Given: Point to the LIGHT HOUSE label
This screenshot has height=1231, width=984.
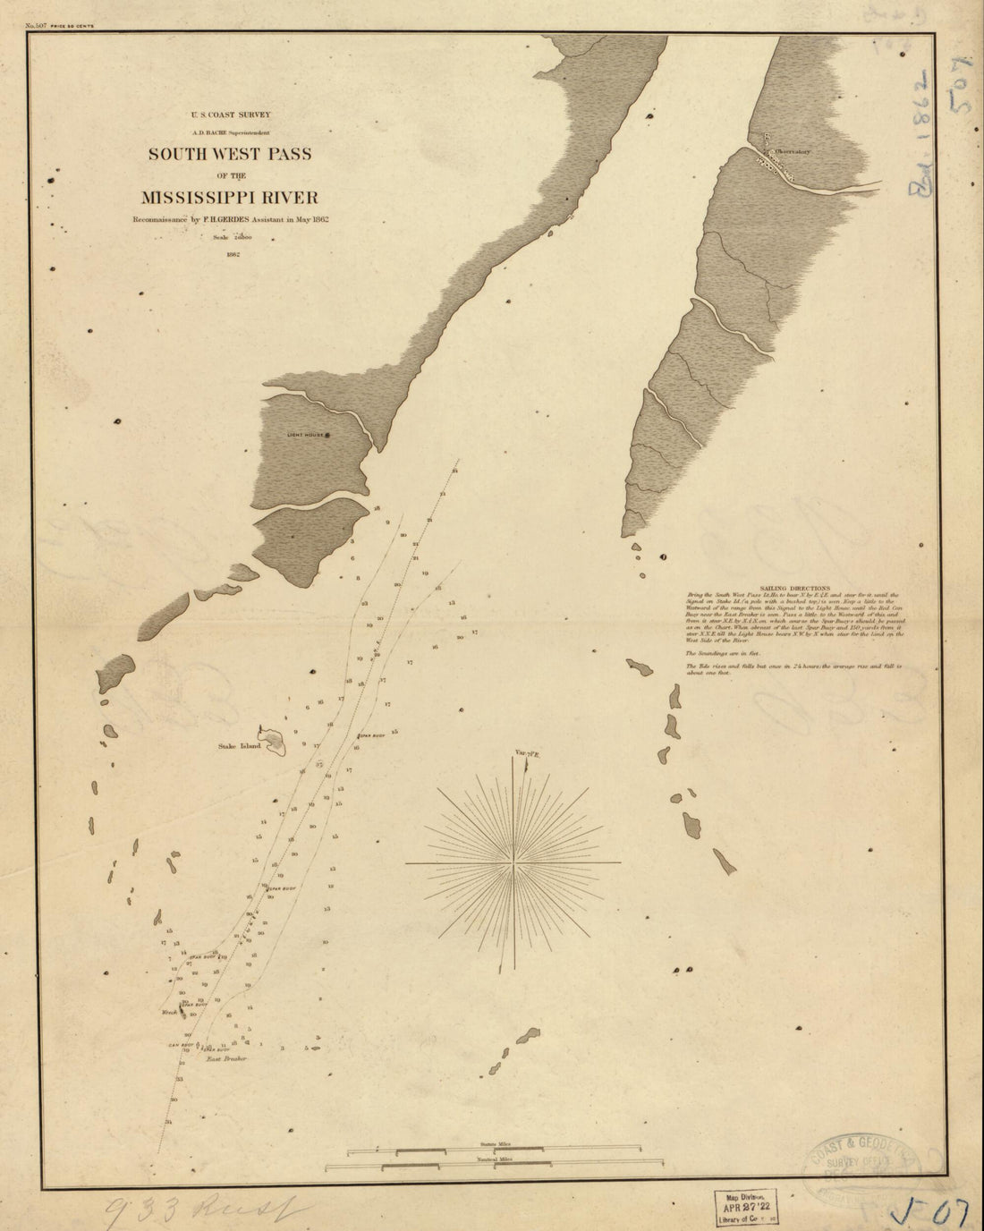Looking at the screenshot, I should click(304, 436).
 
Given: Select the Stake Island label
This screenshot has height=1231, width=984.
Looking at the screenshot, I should click(237, 745).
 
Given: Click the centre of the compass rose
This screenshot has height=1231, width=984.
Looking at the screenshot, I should click(513, 863).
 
